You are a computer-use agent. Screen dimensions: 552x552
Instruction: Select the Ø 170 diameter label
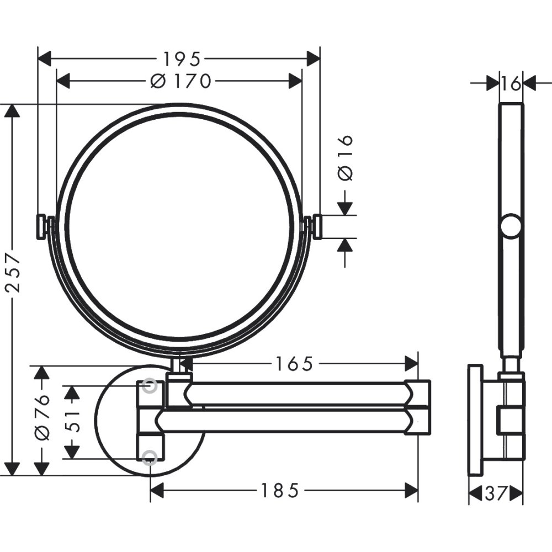point(181,81)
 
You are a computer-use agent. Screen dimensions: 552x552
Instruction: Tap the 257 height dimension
point(12,273)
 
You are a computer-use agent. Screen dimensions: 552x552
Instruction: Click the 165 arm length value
point(294,364)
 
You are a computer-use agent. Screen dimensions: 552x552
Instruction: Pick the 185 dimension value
point(280,490)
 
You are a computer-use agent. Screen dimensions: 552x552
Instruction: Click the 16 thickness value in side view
point(511,83)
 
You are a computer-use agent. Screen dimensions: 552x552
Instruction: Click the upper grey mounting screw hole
point(149,386)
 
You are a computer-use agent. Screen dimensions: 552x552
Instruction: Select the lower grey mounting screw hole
point(149,457)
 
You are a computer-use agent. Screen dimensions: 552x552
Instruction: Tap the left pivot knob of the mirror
point(42,227)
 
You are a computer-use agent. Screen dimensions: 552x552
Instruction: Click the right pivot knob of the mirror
point(317,227)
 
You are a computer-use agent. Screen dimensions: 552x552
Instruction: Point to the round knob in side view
point(511,227)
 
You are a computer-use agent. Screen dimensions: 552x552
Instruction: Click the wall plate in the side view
point(475,420)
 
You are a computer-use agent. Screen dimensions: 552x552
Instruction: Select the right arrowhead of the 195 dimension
point(313,58)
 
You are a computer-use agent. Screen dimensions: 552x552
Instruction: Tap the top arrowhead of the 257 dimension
point(12,110)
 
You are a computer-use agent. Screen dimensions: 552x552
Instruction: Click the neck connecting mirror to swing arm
point(178,365)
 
